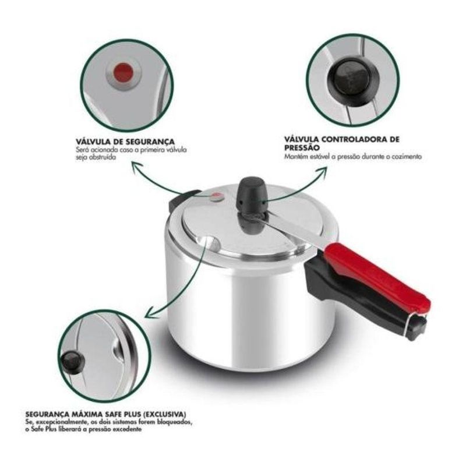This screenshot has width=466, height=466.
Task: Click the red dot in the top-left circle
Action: (x=123, y=72)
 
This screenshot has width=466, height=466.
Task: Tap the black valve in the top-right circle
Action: (x=354, y=80)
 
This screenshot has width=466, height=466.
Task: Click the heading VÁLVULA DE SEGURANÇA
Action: (x=125, y=142)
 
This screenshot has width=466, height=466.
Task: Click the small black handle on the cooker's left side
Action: (x=182, y=198)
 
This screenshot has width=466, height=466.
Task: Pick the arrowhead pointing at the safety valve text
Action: (x=137, y=167)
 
